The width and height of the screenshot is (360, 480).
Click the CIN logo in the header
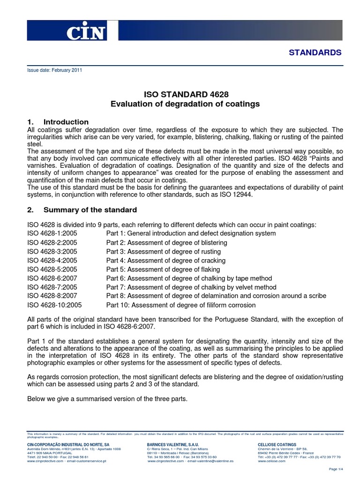pos(86,32)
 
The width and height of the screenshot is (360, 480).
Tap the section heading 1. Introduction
pos(58,122)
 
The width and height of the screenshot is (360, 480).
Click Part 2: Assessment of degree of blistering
pos(166,242)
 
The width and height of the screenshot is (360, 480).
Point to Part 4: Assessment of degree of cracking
pos(165,260)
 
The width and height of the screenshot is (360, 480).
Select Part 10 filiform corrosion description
pos(181,305)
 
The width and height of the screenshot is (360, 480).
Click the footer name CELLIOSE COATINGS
pos(277,444)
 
